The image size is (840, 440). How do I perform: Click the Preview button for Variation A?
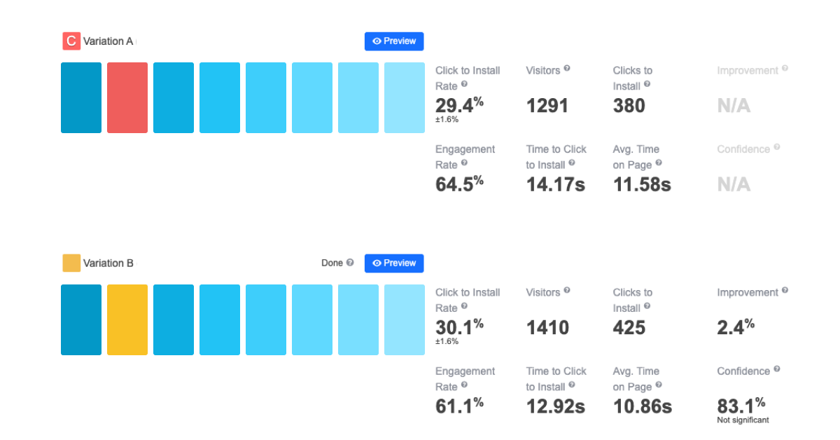(x=394, y=41)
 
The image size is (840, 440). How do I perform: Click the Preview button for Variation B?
(x=394, y=263)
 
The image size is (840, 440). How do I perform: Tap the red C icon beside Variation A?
(x=71, y=41)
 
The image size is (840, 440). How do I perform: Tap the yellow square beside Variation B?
(x=71, y=263)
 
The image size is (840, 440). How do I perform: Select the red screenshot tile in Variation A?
(x=127, y=97)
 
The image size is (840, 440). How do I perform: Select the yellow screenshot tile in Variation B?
(x=127, y=319)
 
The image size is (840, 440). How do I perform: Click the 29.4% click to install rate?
(x=458, y=106)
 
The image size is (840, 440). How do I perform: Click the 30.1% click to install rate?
(x=458, y=327)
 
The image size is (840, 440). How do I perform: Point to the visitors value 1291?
(x=547, y=106)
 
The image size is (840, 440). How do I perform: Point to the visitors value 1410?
(x=547, y=327)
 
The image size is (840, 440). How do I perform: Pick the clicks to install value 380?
(x=629, y=106)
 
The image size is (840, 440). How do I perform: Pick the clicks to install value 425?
(x=629, y=327)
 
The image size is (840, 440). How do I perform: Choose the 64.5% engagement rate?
(x=458, y=184)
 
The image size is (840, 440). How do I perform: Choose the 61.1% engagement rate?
(x=458, y=406)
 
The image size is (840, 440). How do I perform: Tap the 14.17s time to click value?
(x=555, y=184)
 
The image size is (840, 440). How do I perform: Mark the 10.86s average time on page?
(x=642, y=406)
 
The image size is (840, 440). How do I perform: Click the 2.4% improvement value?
(x=735, y=327)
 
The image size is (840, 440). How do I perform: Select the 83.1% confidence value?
(x=741, y=406)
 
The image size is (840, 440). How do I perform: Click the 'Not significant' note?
(x=743, y=420)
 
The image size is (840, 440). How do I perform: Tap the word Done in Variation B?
(x=332, y=263)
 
